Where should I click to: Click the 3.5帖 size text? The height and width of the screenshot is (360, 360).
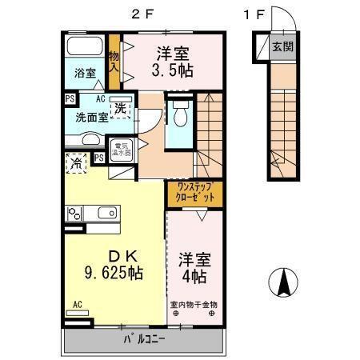[173, 70]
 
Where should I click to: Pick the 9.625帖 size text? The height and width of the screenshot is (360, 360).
[113, 273]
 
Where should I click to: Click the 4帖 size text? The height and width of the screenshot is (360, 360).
[192, 275]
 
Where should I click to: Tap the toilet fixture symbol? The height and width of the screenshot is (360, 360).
[180, 113]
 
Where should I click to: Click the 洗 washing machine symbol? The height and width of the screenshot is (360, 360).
[120, 108]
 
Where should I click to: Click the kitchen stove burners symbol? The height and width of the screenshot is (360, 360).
[75, 214]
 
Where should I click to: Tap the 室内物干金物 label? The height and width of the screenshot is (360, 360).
[194, 304]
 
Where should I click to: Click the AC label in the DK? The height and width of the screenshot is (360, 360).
[78, 304]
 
